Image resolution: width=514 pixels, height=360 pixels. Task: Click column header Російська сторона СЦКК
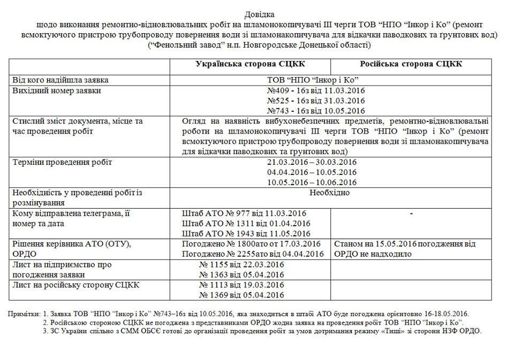tap(411, 64)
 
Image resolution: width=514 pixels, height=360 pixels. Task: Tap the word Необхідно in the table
tap(329, 193)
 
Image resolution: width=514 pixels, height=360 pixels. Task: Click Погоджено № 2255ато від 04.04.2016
tap(253, 254)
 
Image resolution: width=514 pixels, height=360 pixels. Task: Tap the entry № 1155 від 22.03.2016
tap(241, 264)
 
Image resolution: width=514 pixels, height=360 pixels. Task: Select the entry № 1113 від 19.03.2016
tap(241, 285)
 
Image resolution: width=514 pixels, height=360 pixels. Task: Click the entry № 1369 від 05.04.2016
tap(241, 295)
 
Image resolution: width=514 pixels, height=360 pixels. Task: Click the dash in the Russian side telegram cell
tap(411, 213)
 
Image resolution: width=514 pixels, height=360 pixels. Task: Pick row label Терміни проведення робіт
tap(63, 162)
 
